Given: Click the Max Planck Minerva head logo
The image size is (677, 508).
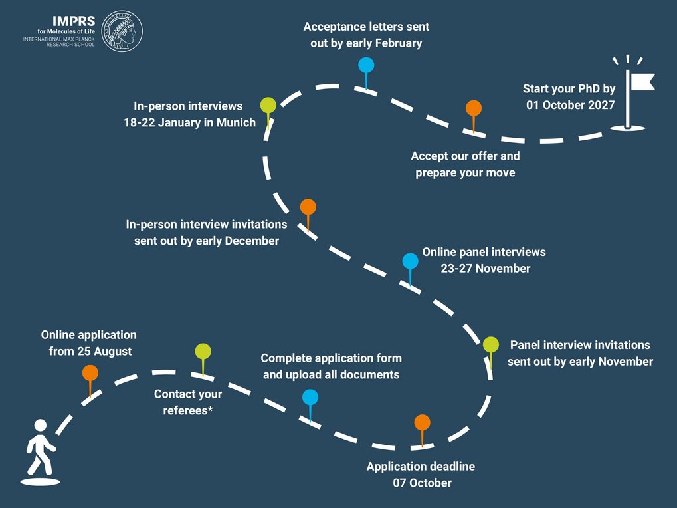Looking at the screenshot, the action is [x=122, y=31].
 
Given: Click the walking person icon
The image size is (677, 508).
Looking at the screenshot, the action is [x=40, y=452].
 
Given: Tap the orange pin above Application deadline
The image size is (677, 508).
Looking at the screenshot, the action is [x=422, y=430].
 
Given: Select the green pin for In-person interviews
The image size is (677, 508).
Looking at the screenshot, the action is [x=268, y=113].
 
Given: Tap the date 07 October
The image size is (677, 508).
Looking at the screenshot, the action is [x=423, y=483].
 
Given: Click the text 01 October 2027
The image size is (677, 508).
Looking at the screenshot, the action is [x=570, y=105].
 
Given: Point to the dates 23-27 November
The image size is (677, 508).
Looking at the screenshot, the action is [x=486, y=268].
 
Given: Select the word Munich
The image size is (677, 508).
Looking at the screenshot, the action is [x=236, y=123].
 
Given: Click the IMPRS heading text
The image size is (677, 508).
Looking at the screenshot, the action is [x=74, y=21].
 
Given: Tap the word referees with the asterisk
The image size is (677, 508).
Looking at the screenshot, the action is [x=188, y=410].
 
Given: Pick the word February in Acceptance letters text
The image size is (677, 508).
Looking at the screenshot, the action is [x=399, y=43].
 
